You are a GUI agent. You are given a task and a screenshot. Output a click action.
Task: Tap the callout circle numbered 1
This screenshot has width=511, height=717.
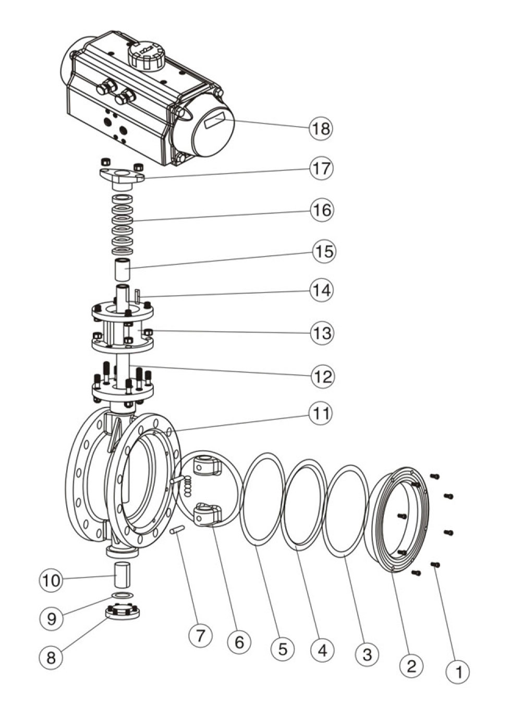click(x=458, y=671)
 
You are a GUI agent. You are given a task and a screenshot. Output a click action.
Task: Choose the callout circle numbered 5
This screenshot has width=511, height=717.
click(x=283, y=649)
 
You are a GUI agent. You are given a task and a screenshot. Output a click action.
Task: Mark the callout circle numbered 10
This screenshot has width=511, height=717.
click(x=51, y=580)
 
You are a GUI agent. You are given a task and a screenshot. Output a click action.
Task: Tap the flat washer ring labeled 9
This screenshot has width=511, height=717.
click(x=122, y=596)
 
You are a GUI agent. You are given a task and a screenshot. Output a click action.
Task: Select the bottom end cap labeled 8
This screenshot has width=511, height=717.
click(x=123, y=612)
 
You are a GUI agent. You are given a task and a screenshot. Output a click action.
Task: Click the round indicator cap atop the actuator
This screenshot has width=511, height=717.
click(x=146, y=55)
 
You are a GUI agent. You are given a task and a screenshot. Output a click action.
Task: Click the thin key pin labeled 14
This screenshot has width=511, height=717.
click(x=137, y=296)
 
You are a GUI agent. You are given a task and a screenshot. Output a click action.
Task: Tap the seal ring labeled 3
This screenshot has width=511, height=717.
click(x=345, y=511)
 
